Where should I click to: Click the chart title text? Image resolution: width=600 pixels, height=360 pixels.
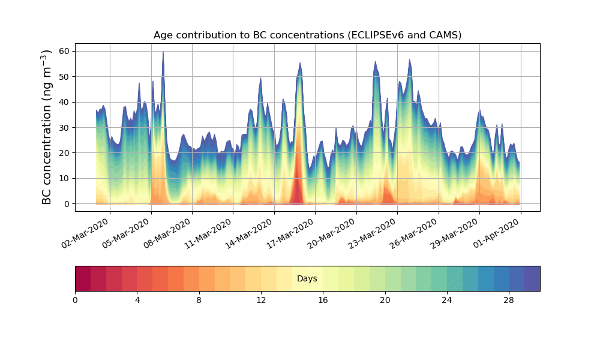307,35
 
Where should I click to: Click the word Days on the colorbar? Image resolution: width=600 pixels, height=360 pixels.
307,279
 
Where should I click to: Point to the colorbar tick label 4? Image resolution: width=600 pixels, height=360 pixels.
137,299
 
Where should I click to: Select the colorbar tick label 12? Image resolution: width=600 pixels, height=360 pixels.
261,299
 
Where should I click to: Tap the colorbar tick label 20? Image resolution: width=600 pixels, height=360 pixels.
385,299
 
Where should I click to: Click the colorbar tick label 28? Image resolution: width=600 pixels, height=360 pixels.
509,299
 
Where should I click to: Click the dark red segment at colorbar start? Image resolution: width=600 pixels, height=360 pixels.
83,278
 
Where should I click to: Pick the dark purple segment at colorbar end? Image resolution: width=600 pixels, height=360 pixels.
532,278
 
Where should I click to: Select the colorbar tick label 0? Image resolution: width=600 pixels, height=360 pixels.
75,299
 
